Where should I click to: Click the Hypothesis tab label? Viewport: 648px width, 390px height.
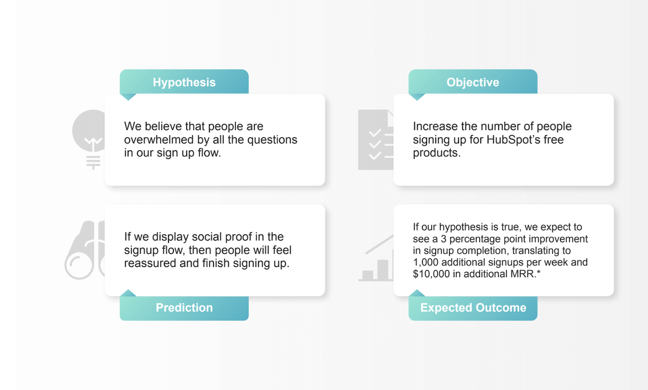[184, 82]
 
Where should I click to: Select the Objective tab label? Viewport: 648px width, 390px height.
[473, 82]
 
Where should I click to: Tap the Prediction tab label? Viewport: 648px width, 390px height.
[184, 307]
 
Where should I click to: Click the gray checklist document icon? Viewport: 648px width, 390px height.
[375, 140]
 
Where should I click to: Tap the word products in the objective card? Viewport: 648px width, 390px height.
[436, 153]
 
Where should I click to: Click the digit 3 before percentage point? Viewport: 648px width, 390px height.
[443, 239]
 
